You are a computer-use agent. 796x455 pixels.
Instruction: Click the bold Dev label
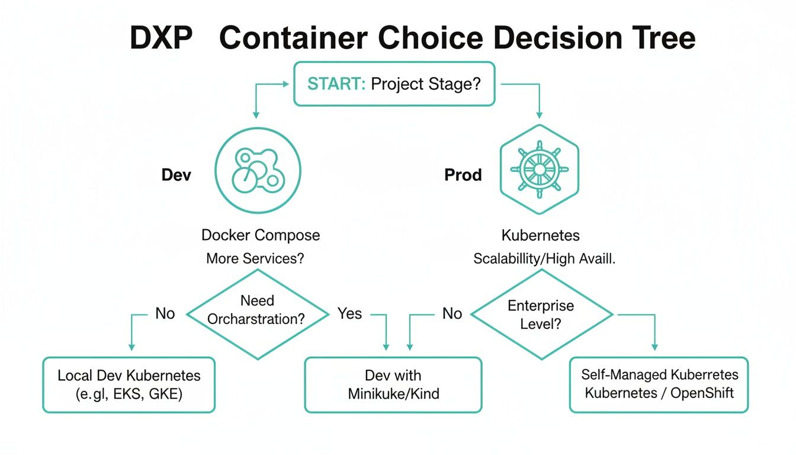pyautogui.click(x=176, y=175)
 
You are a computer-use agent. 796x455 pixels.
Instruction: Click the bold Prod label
pyautogui.click(x=463, y=175)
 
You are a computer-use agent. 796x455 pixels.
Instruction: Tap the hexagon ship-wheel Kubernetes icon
pyautogui.click(x=539, y=168)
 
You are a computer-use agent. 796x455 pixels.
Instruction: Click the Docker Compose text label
pyautogui.click(x=261, y=235)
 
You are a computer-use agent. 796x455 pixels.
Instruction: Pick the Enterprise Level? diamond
pyautogui.click(x=541, y=315)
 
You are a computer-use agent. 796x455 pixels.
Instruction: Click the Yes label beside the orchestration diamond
pyautogui.click(x=349, y=313)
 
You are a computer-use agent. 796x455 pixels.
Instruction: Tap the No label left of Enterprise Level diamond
pyautogui.click(x=452, y=313)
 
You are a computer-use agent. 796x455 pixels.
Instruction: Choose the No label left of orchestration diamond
pyautogui.click(x=165, y=313)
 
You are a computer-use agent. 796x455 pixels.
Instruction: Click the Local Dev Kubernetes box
pyautogui.click(x=129, y=384)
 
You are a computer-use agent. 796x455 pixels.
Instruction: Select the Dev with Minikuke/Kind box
pyautogui.click(x=393, y=384)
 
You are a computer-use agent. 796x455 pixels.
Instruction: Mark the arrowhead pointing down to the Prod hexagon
pyautogui.click(x=539, y=114)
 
